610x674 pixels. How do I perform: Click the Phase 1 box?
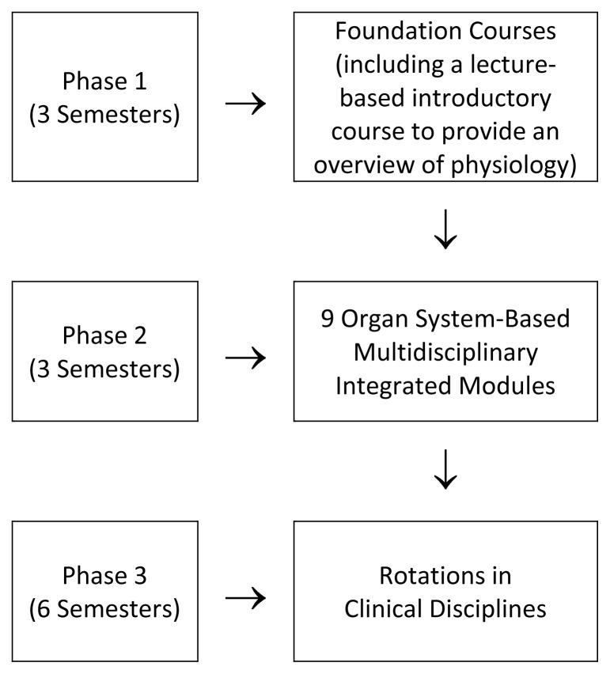[x=105, y=97]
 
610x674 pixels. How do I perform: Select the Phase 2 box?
[x=105, y=350]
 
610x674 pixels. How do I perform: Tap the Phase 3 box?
[x=105, y=590]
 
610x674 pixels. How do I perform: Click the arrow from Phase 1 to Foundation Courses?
[x=244, y=104]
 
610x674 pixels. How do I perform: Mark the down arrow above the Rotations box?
[x=445, y=471]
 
